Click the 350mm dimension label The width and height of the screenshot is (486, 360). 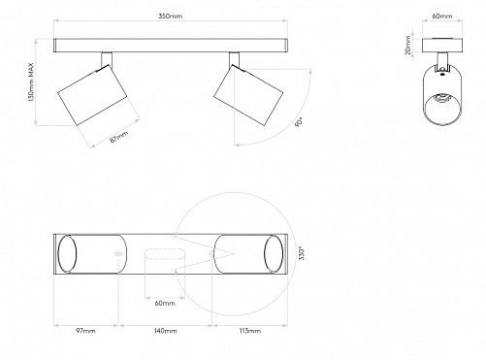(x=170, y=16)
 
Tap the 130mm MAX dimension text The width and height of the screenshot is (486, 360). (x=31, y=82)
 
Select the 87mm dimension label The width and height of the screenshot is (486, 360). (x=119, y=136)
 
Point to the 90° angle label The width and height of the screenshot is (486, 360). (x=299, y=122)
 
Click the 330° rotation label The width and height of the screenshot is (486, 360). (x=302, y=254)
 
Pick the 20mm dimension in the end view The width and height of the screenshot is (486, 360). (x=408, y=46)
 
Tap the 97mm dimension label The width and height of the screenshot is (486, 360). (x=85, y=331)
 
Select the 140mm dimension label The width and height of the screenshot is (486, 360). (x=166, y=331)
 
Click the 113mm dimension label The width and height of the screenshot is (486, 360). (x=250, y=331)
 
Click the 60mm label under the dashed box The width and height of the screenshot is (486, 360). (x=165, y=303)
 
